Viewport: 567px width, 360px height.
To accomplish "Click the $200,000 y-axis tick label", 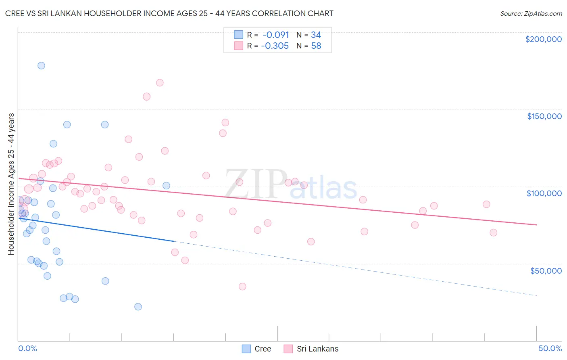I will point(543,39).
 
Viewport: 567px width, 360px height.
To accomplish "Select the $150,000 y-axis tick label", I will point(544,116).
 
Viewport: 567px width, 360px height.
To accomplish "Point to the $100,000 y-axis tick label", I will point(544,193).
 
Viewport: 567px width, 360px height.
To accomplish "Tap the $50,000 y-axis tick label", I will point(546,270).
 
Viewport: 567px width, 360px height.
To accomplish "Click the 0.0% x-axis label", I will point(27,348).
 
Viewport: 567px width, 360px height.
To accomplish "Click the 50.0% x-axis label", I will point(550,348).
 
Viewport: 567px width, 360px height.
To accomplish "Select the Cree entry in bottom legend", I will point(256,349).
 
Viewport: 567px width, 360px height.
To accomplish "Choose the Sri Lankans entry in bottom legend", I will point(311,349).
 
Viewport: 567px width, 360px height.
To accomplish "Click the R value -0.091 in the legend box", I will point(275,35).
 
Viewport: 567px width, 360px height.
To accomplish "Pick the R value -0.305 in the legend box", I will point(275,46).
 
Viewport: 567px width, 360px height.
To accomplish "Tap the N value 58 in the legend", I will point(316,46).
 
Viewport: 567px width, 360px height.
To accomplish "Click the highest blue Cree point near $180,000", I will point(41,65).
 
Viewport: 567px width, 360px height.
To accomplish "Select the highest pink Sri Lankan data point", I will point(160,83).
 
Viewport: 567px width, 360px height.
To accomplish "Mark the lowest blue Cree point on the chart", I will point(138,307).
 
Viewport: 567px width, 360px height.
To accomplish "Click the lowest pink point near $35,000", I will point(242,287).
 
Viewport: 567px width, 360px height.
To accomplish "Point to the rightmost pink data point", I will point(493,232).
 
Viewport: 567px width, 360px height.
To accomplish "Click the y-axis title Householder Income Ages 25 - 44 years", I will point(11,184).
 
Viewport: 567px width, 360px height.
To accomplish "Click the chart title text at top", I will point(169,13).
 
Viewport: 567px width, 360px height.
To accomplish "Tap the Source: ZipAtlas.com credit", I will point(531,13).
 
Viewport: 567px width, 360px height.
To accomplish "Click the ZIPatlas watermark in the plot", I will point(290,184).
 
